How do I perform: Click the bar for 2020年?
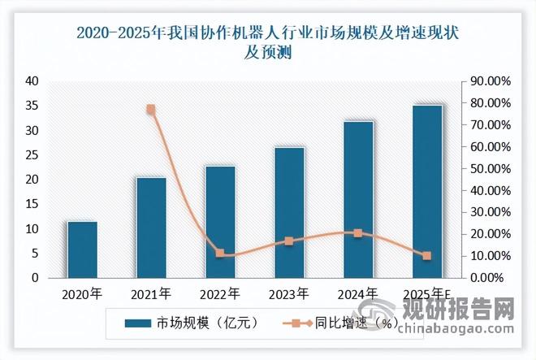pos(82,249)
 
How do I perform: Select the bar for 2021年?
pos(151,228)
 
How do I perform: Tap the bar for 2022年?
pos(220,222)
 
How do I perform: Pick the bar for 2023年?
pos(289,212)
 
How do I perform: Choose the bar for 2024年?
pos(358,199)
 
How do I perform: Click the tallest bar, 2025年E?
pos(427,191)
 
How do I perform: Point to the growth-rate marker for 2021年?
pos(151,110)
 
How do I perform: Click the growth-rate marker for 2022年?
pos(220,254)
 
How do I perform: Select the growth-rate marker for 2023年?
pos(289,241)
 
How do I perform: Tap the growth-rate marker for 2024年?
pos(358,233)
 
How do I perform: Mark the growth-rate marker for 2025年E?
pos(427,256)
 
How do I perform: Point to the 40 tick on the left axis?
pos(32,81)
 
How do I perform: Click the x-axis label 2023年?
pos(289,293)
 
